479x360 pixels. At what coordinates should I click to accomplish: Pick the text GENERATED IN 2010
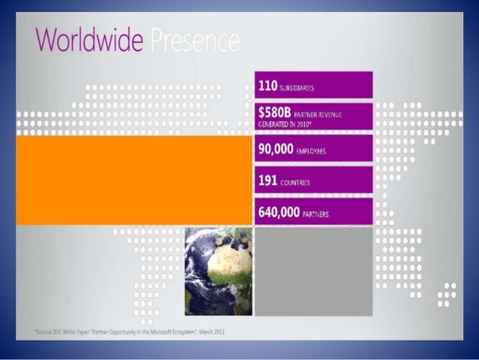point(284,123)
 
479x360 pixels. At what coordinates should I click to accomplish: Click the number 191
point(267,180)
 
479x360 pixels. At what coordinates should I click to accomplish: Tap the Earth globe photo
point(219,271)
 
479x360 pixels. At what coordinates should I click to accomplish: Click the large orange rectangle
point(134,180)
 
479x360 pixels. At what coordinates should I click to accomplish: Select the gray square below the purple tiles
point(314,271)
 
